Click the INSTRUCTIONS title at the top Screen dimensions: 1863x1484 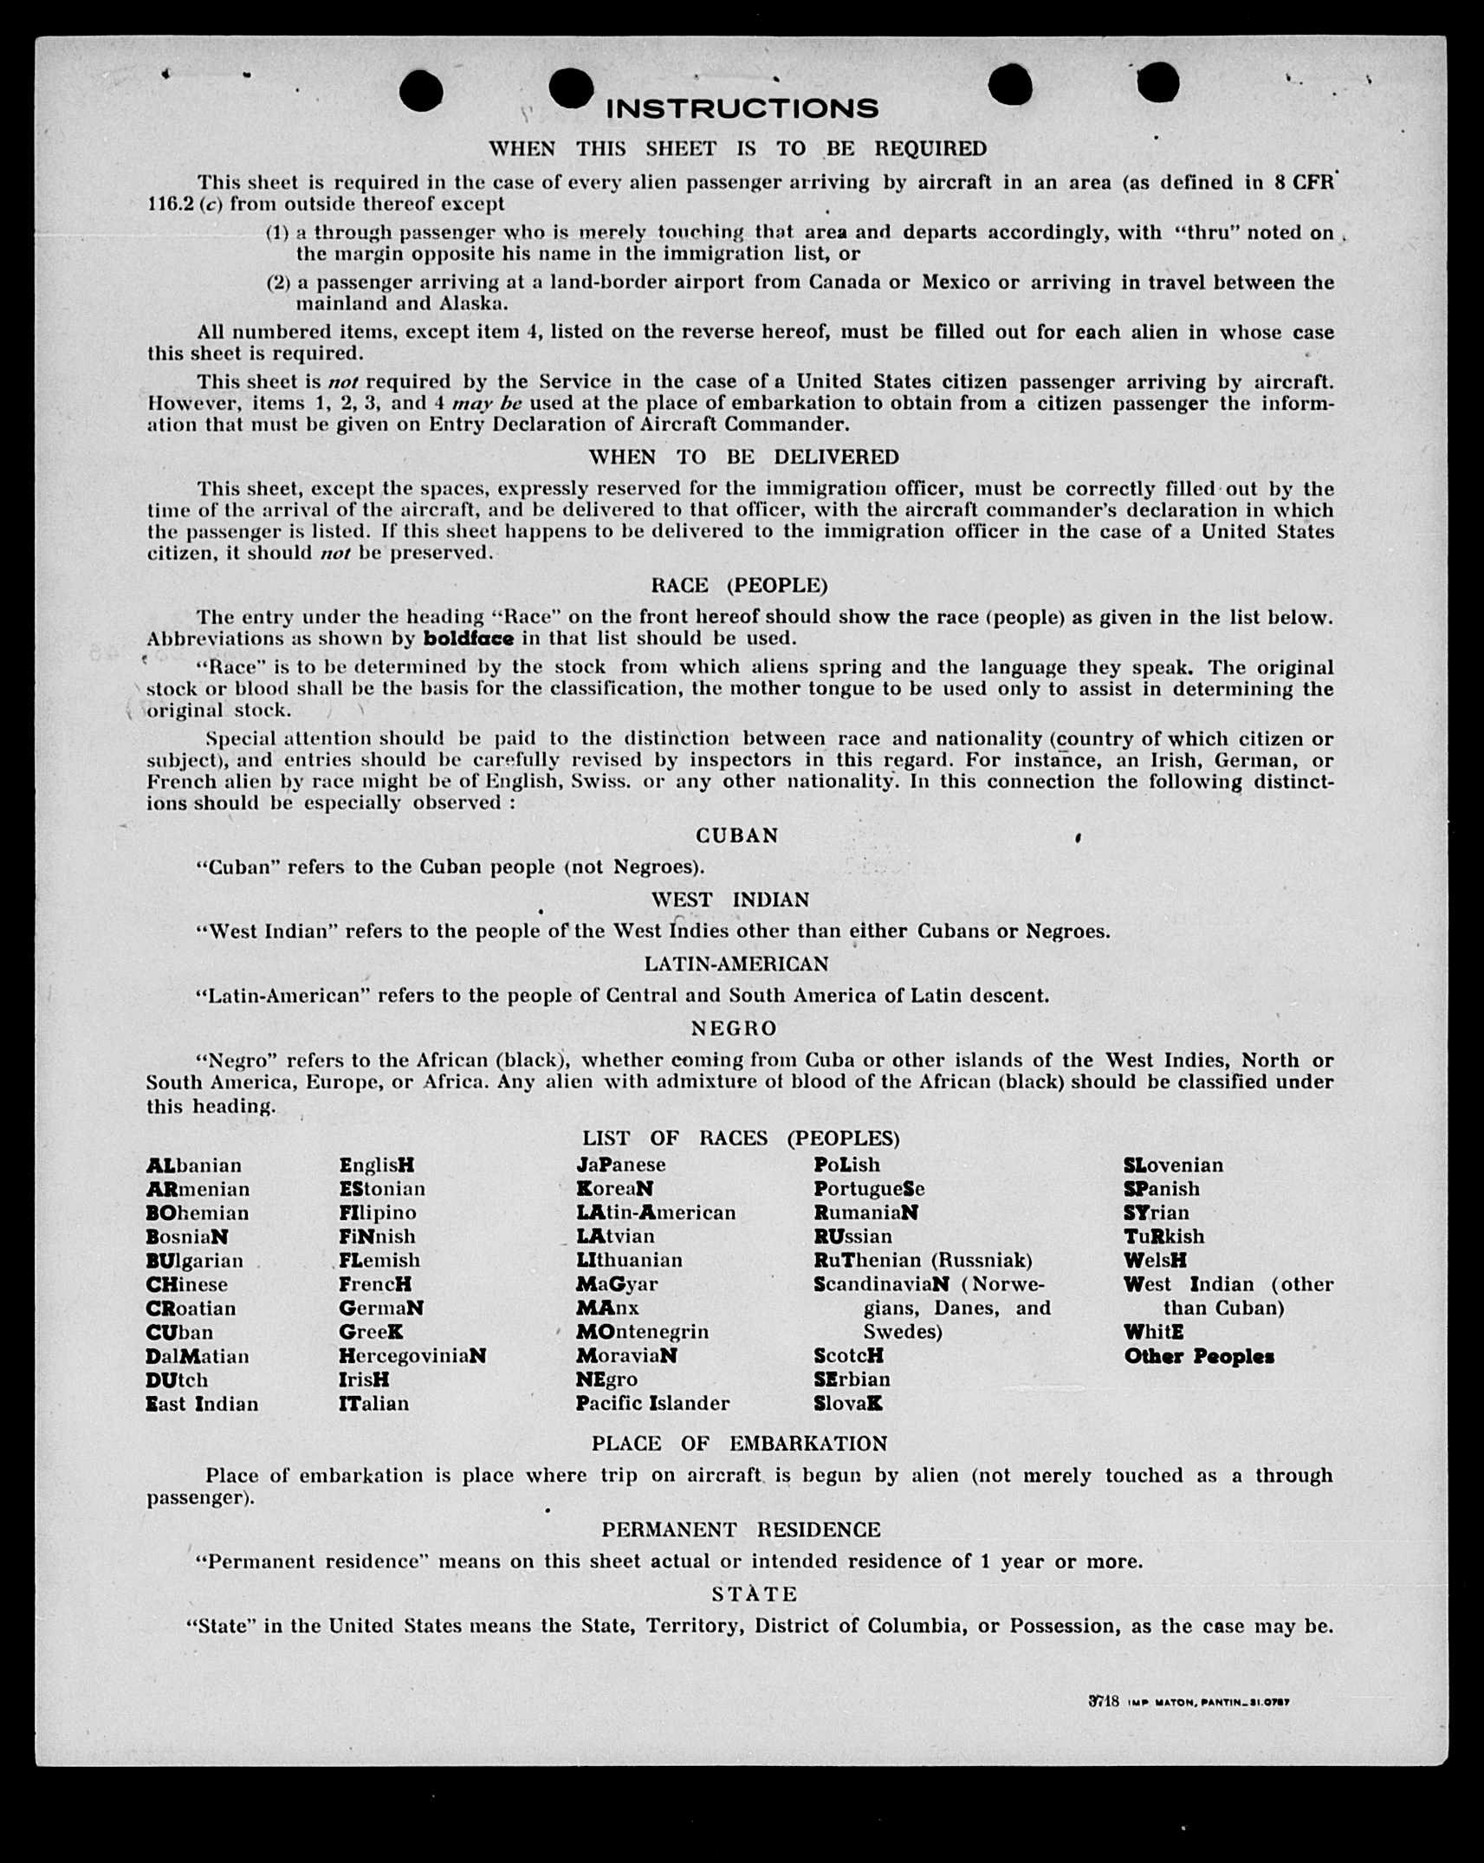pos(742,109)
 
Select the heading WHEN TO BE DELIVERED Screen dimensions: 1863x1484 pos(743,457)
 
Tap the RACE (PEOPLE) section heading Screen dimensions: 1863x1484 pos(739,586)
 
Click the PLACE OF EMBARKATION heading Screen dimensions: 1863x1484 pos(739,1444)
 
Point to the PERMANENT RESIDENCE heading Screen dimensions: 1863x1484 pos(741,1529)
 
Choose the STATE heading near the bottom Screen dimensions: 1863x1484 pos(754,1594)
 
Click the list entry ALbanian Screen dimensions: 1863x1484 pos(193,1165)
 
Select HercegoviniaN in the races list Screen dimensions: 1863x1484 pos(412,1356)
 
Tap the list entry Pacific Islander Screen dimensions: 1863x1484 pos(652,1403)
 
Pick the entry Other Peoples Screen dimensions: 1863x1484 pos(1199,1356)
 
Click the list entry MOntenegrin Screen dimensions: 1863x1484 pos(642,1332)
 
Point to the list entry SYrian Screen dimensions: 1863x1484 pos(1157,1213)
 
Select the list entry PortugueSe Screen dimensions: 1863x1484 pos(869,1189)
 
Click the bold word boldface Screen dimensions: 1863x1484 pos(468,639)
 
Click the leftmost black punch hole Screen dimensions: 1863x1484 pos(422,91)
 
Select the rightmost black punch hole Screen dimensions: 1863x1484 pos(1157,84)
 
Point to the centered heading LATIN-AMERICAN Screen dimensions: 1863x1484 pos(736,964)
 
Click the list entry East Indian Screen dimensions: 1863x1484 pos(202,1404)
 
